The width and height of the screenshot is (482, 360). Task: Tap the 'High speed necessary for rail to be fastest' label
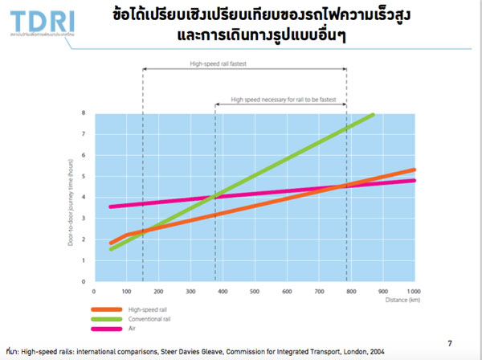coord(280,100)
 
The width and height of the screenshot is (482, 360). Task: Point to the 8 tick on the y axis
coord(84,113)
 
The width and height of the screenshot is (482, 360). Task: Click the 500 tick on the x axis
coord(255,290)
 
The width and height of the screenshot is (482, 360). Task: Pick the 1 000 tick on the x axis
coord(413,290)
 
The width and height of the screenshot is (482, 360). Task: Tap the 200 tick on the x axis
coord(159,290)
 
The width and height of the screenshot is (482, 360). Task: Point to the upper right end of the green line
coord(373,115)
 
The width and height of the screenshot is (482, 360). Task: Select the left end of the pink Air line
coord(110,207)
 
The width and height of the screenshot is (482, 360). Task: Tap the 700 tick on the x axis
coord(319,290)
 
